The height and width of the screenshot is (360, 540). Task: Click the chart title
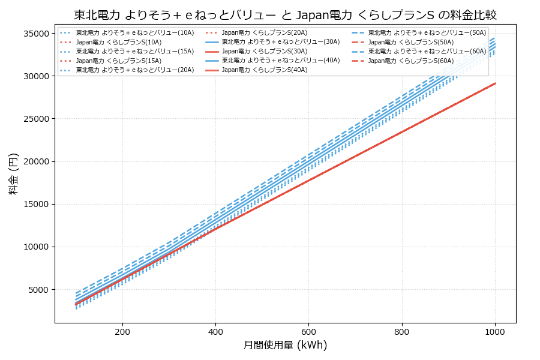[x=285, y=15]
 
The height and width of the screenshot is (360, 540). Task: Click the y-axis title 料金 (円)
[x=13, y=174]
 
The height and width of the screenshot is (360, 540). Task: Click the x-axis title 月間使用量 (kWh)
[x=285, y=345]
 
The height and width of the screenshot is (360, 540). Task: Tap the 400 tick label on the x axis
[x=215, y=331]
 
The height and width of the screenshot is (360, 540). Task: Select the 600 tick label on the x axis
[x=308, y=331]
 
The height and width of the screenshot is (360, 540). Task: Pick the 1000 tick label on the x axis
[x=494, y=331]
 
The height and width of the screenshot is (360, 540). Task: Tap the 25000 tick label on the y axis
[x=35, y=119]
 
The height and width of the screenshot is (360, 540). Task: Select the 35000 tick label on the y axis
[x=35, y=34]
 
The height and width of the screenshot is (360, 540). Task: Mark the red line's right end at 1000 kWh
[x=494, y=83]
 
